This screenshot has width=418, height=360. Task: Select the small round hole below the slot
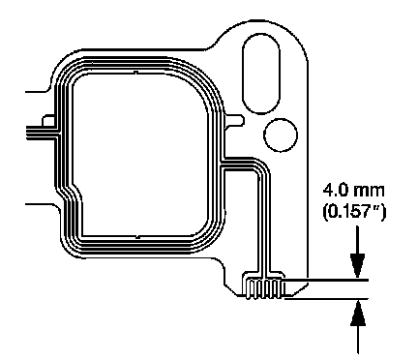[281, 135]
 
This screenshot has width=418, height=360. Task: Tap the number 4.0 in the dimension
[336, 191]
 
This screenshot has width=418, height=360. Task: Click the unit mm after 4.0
[369, 192]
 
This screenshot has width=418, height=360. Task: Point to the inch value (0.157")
[354, 213]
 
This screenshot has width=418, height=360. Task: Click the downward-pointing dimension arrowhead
[358, 265]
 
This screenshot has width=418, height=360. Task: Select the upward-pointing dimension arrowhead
[358, 313]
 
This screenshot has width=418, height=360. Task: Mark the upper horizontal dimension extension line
[326, 280]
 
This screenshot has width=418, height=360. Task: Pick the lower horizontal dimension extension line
[326, 299]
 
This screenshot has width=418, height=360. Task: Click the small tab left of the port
[48, 120]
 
